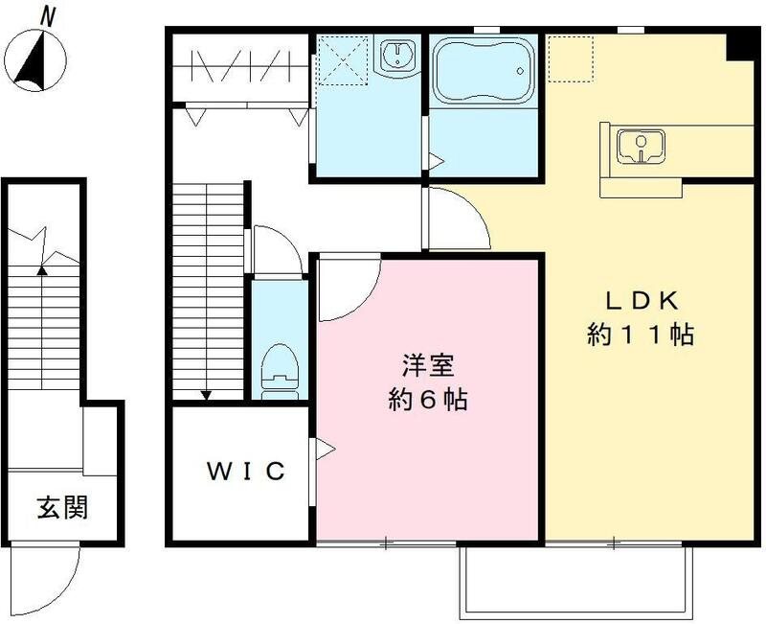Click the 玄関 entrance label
pos(62,507)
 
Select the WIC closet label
pos(245,472)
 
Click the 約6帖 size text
pos(427,401)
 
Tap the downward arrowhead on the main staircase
pos(206,395)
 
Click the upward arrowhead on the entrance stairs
pos(41,271)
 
